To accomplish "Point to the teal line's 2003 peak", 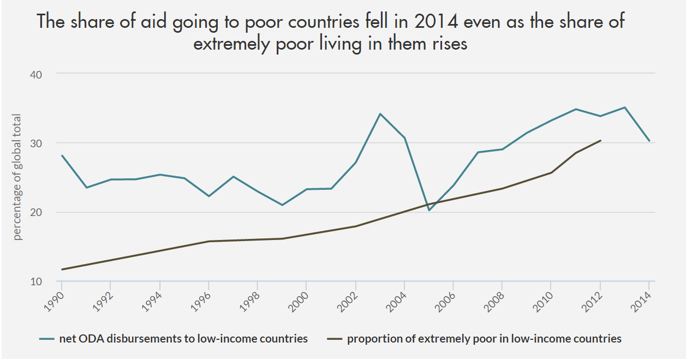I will (x=380, y=114).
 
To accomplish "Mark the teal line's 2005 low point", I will (x=429, y=210).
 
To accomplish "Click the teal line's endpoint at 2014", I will (x=649, y=141).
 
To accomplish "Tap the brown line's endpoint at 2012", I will (x=600, y=140).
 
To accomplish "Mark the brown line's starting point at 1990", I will (x=62, y=269).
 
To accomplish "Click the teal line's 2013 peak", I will (x=625, y=107).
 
